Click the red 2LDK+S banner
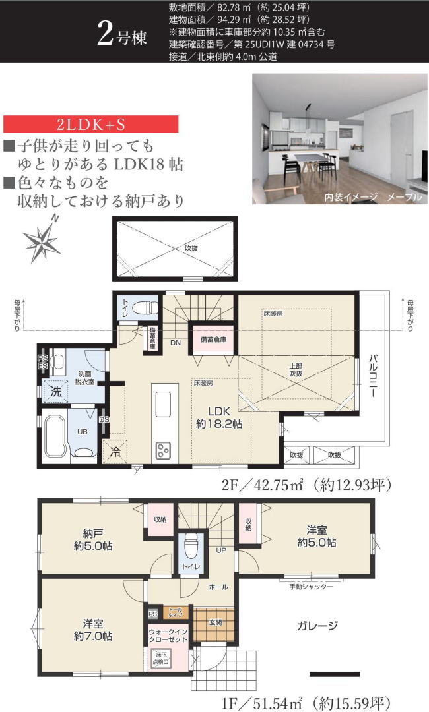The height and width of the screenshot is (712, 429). point(92,125)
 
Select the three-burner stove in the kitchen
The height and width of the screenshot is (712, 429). point(163,450)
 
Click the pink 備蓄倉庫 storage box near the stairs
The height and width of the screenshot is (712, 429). point(213,340)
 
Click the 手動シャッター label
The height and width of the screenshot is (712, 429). point(310,586)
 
